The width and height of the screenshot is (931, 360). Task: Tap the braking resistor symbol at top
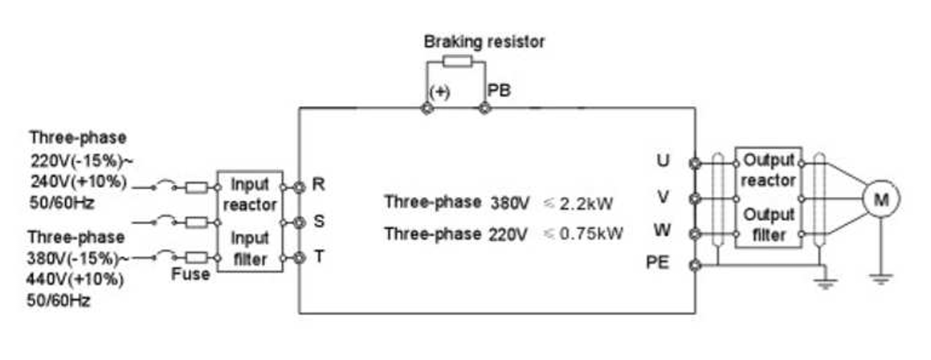pos(455,61)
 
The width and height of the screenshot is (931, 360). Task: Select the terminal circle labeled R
pos(299,187)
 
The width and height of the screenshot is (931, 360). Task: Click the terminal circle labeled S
pos(299,222)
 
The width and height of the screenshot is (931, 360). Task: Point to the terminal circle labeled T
pos(299,258)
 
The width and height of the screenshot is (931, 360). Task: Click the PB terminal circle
pos(484,108)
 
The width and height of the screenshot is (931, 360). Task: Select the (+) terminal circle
pos(427,108)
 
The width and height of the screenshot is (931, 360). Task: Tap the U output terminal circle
pos(696,163)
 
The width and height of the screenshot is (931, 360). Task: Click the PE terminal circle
pos(696,264)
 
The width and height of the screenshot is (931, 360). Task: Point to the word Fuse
pos(190,274)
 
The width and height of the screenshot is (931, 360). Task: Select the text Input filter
pos(250,248)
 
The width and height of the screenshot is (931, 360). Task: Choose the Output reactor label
pos(768,170)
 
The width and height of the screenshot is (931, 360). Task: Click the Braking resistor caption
pos(484,41)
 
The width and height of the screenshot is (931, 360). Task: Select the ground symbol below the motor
pos(881,278)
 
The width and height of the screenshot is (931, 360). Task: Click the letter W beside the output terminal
pos(662,231)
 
